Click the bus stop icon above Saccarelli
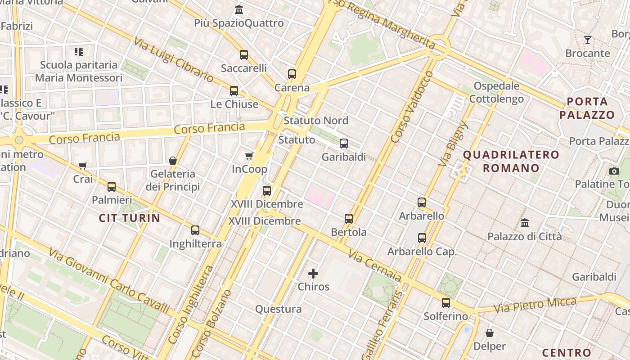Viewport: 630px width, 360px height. click(244, 55)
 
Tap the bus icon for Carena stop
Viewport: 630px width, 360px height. click(292, 74)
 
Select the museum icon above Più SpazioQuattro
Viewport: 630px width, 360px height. click(239, 9)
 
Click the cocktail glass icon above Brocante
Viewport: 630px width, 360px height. click(587, 40)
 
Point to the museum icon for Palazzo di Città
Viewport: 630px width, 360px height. click(525, 223)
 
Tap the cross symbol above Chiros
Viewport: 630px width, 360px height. click(313, 273)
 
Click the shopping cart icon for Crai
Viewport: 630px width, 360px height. click(82, 166)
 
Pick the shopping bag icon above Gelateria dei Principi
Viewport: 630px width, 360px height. click(172, 161)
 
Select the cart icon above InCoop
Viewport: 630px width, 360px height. click(249, 156)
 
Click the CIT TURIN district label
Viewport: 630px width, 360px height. click(130, 218)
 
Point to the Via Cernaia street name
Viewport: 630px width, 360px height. click(374, 266)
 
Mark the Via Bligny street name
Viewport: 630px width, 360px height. click(453, 144)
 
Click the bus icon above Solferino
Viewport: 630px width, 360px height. click(446, 303)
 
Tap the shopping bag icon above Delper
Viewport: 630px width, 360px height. click(490, 333)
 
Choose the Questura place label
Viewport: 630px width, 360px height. click(279, 309)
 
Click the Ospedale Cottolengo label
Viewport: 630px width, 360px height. click(499, 92)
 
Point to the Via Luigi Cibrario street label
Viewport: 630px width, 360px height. click(173, 59)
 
